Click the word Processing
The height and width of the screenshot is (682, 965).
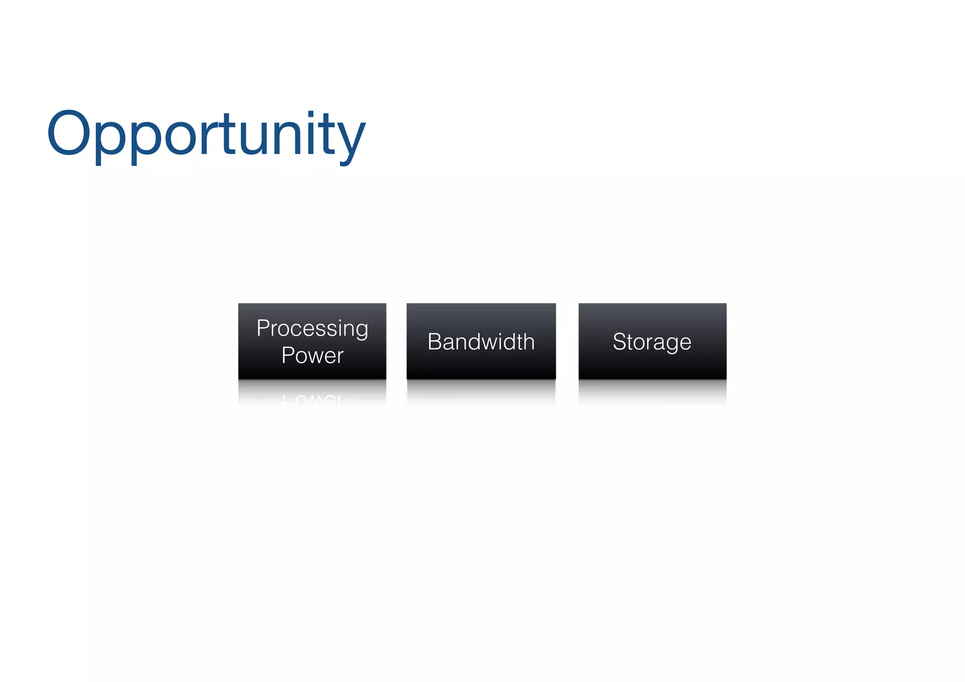312,328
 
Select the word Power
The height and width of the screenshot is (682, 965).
312,355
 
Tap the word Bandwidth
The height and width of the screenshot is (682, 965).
481,342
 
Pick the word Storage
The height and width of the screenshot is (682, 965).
652,342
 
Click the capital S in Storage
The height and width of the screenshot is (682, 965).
619,342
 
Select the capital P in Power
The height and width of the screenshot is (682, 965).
287,355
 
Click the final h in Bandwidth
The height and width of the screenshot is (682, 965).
529,342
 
